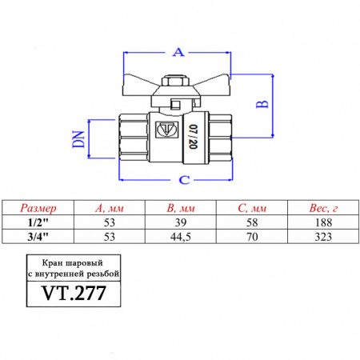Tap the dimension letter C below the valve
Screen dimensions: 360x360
point(184,178)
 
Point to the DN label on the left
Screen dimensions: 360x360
point(78,142)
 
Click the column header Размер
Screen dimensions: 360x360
point(39,208)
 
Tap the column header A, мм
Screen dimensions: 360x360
point(110,208)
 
